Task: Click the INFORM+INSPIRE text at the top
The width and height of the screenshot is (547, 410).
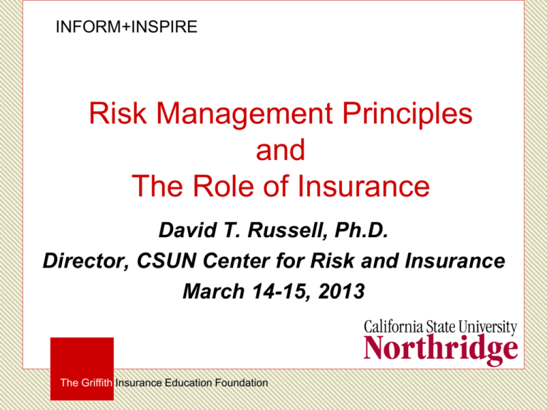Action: pyautogui.click(x=126, y=28)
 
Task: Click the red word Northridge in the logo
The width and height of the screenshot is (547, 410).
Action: pyautogui.click(x=440, y=349)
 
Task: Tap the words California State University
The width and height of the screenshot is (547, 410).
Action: pyautogui.click(x=440, y=328)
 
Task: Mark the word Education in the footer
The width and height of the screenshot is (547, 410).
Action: pyautogui.click(x=182, y=383)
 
